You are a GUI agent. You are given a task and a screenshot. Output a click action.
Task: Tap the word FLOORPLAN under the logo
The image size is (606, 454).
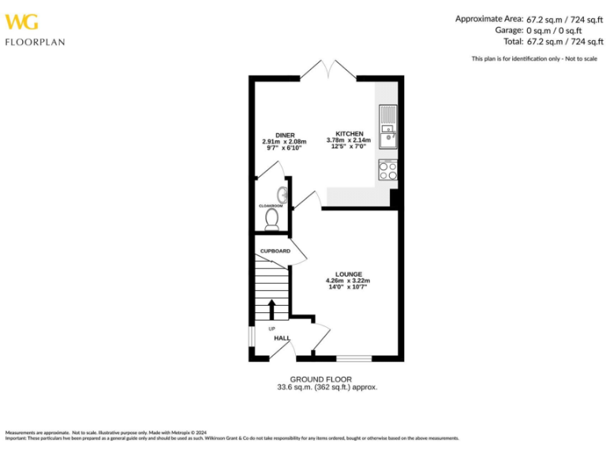tap(35, 42)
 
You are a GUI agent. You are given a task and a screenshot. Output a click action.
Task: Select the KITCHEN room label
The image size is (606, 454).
tap(349, 134)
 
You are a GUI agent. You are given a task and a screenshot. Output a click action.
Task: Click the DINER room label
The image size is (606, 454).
tap(285, 135)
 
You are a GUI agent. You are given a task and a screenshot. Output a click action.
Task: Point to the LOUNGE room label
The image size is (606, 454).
tap(348, 274)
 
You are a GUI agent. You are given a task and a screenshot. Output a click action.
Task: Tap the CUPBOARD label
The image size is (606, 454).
tap(275, 251)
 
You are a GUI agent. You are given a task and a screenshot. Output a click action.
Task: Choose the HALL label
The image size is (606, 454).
tap(282, 338)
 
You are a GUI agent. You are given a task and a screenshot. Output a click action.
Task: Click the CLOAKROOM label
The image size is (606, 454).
tap(270, 206)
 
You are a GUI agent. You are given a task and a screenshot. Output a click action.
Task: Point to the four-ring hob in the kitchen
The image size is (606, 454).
tap(387, 170)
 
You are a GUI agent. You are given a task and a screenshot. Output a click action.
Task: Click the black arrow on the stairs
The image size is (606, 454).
tap(272, 309)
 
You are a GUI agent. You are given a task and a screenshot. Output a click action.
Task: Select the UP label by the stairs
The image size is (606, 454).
tap(271, 329)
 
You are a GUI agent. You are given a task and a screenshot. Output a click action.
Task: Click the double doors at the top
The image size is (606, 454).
tap(327, 69)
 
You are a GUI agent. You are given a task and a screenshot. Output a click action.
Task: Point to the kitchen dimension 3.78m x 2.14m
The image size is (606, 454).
tap(349, 141)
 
